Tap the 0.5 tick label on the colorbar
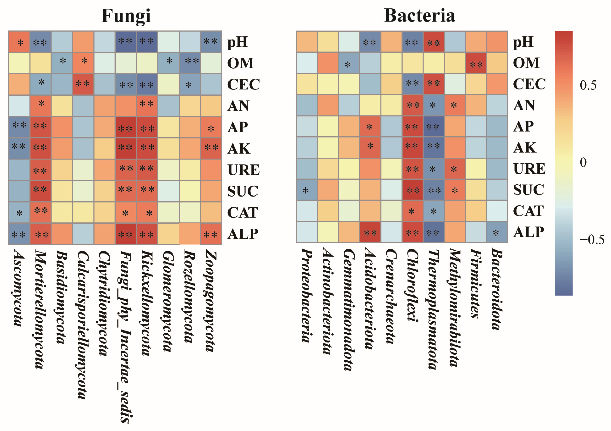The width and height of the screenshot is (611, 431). tap(588, 85)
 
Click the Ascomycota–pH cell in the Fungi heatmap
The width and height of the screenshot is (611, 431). tap(19, 42)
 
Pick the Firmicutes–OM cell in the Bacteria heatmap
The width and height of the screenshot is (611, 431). tap(476, 63)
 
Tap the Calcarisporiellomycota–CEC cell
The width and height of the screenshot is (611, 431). tap(83, 84)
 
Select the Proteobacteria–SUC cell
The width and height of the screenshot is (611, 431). tap(307, 190)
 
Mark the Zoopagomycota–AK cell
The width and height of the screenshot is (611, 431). tap(211, 148)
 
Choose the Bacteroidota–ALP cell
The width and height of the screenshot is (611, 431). tap(497, 232)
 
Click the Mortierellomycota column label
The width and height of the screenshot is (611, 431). tap(40, 309)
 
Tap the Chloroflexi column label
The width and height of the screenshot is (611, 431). tap(412, 285)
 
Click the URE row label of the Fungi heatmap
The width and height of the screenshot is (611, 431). tap(243, 170)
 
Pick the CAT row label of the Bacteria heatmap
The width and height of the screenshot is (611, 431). tap(528, 211)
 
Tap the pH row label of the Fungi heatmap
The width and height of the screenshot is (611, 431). tap(237, 42)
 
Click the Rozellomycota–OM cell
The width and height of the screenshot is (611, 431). tap(190, 63)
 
